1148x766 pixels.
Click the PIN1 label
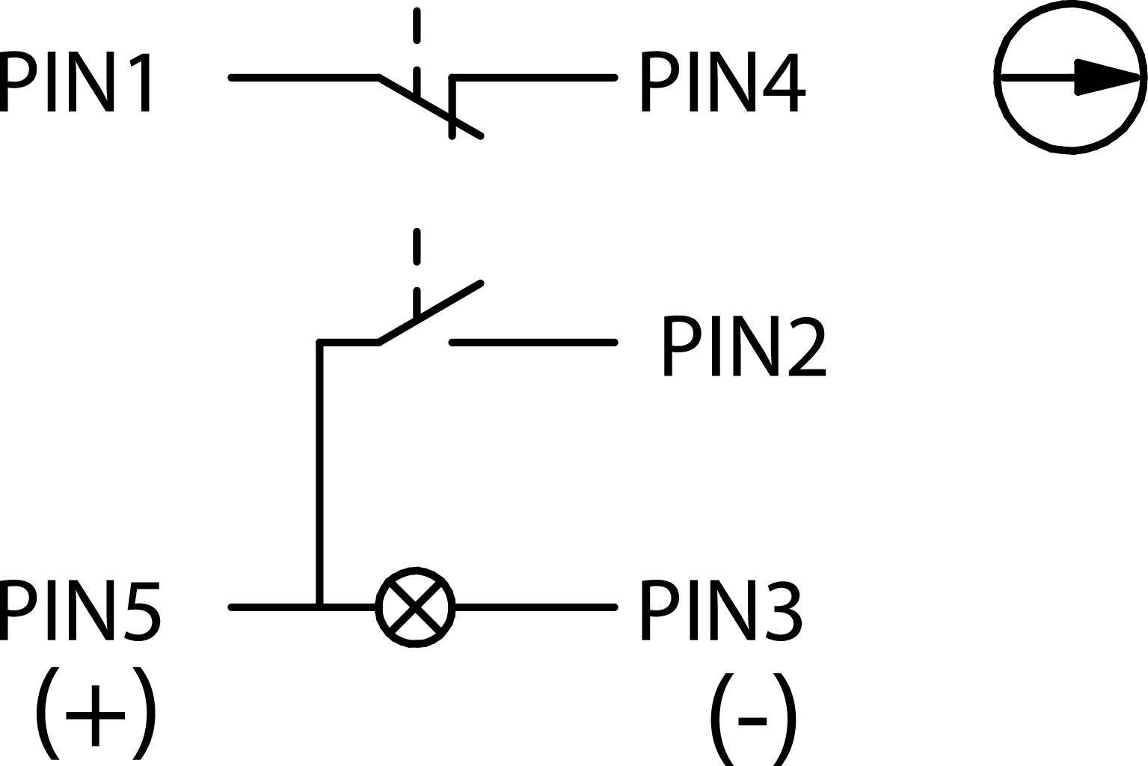click(x=77, y=82)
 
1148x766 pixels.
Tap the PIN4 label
click(x=722, y=82)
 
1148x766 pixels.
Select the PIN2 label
click(x=743, y=346)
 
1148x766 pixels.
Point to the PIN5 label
click(x=80, y=610)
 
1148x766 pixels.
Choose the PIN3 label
click(x=721, y=610)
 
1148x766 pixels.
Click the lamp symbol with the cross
click(x=415, y=607)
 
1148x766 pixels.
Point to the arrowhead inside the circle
click(x=1107, y=77)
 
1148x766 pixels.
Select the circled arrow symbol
click(x=1071, y=77)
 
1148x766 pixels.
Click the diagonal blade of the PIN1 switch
click(x=430, y=107)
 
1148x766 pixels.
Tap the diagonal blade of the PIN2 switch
click(x=430, y=313)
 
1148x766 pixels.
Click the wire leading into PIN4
click(x=534, y=77)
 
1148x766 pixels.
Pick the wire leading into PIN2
click(x=534, y=343)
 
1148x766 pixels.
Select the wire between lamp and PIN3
click(x=534, y=607)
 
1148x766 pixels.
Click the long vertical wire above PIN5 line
click(x=320, y=471)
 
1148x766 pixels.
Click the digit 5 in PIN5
click(x=141, y=610)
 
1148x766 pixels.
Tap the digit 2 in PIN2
click(x=806, y=346)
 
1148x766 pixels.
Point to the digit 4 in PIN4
click(x=783, y=82)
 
